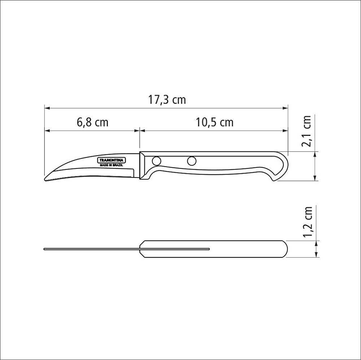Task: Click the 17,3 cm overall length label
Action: pyautogui.click(x=167, y=100)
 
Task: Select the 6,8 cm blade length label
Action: pyautogui.click(x=92, y=122)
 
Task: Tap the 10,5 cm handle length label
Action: pyautogui.click(x=214, y=122)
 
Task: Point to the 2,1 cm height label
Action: pyautogui.click(x=307, y=131)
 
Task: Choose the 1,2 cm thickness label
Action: pyautogui.click(x=307, y=222)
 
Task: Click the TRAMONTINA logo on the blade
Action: pyautogui.click(x=111, y=160)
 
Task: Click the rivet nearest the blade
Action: pyautogui.click(x=156, y=160)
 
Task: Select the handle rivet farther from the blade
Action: pyautogui.click(x=192, y=160)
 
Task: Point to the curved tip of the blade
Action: pyautogui.click(x=46, y=179)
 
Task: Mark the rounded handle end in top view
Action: pyautogui.click(x=285, y=249)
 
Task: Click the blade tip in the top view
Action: pyautogui.click(x=44, y=249)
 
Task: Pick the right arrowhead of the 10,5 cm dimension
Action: pyautogui.click(x=286, y=130)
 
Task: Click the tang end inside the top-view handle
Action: pyautogui.click(x=209, y=249)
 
